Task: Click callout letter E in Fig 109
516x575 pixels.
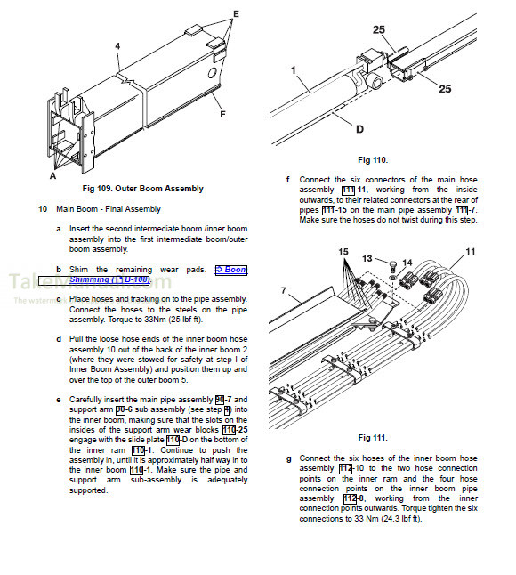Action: pos(236,14)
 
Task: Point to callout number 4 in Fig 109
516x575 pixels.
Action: pos(117,46)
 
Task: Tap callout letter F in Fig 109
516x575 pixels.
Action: pos(222,115)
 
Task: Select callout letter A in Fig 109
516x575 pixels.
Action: pos(53,176)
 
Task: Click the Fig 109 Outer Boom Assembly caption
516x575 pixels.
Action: pos(143,189)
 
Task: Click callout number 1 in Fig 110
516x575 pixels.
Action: pos(294,70)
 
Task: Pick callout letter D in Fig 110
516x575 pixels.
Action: pos(360,129)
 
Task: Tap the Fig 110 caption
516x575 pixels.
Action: pos(373,160)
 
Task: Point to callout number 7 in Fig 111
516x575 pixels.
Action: pos(283,290)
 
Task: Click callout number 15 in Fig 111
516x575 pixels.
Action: pos(343,252)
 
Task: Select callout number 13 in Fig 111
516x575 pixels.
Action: pos(367,258)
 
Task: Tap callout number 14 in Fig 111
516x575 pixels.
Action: pos(407,263)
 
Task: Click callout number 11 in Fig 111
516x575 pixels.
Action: pos(471,252)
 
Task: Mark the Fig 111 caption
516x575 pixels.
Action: pos(373,438)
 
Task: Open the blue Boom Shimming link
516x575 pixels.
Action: pos(157,275)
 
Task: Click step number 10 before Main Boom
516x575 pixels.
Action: pos(43,209)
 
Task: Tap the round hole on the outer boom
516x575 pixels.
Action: pos(213,73)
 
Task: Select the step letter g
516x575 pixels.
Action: pos(289,458)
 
